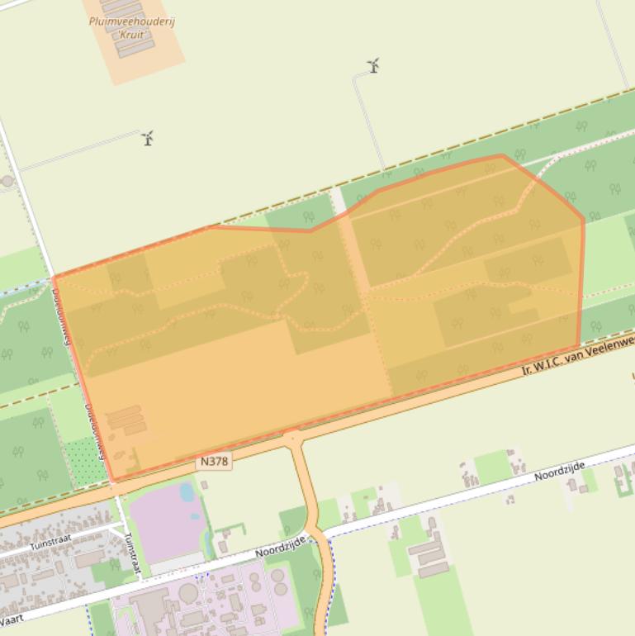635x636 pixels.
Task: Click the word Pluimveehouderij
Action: [131, 21]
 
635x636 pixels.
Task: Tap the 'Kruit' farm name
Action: [131, 35]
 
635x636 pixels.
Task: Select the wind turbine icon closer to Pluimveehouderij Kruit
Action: [149, 138]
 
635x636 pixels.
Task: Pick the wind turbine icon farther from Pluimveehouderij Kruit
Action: [374, 66]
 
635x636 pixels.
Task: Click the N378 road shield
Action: [213, 462]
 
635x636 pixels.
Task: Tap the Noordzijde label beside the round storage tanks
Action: [280, 545]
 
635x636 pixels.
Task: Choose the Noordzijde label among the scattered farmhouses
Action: [559, 472]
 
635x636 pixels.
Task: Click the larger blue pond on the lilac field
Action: [187, 492]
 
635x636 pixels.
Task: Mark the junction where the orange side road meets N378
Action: [292, 438]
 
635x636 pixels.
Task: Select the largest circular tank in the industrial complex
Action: [189, 592]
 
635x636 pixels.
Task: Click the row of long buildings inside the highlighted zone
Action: [126, 420]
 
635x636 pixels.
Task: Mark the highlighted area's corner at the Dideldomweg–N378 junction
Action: [113, 480]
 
